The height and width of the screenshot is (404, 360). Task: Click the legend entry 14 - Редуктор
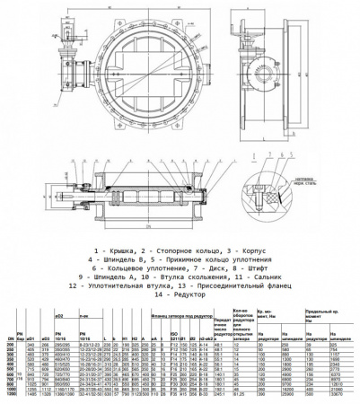click(x=180, y=295)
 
